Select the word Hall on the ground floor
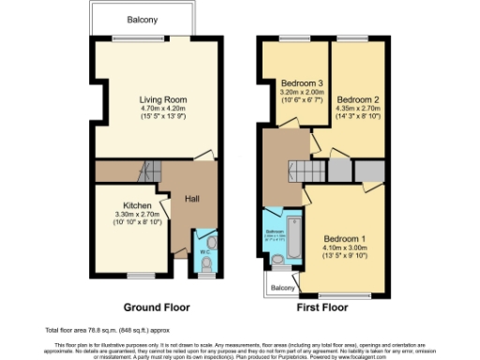pyautogui.click(x=192, y=199)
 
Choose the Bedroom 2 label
pyautogui.click(x=357, y=99)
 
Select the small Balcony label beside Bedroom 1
pyautogui.click(x=282, y=287)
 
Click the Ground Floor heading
pyautogui.click(x=157, y=307)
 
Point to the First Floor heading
pyautogui.click(x=321, y=307)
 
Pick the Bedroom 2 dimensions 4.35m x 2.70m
pyautogui.click(x=357, y=109)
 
